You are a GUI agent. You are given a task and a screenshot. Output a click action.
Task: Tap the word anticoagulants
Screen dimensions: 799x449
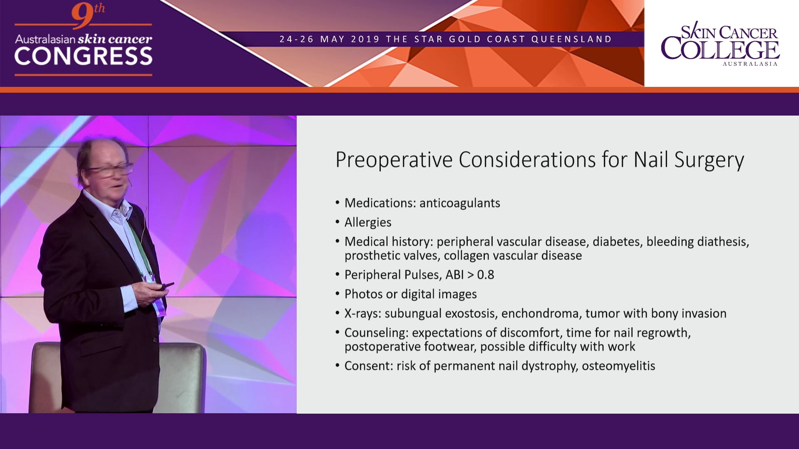tap(460, 203)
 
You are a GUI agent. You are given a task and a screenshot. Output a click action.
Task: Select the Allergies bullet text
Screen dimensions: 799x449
tap(368, 222)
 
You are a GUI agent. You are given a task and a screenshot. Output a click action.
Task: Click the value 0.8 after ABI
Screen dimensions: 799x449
tap(486, 275)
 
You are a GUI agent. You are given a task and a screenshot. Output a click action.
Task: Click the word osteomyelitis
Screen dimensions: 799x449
tap(618, 366)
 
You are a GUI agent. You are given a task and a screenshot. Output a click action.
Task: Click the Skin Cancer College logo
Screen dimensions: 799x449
tap(720, 44)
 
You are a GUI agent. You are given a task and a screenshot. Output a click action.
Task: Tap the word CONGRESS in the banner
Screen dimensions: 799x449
tap(84, 56)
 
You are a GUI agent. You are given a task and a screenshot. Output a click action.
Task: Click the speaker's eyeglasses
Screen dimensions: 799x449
tap(109, 169)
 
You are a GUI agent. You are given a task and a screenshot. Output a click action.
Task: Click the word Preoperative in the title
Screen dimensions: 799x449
tap(394, 160)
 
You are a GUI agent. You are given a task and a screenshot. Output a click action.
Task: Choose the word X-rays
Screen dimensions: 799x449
tap(362, 313)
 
